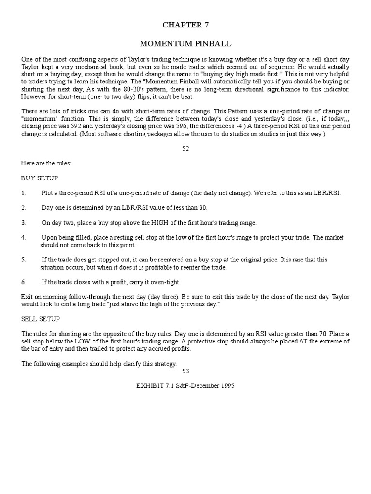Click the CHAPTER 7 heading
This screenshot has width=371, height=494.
point(185,25)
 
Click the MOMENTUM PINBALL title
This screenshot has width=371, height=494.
point(185,44)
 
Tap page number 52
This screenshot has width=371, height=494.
point(185,149)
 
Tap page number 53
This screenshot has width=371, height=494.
point(185,371)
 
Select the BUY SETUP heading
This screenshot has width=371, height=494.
point(40,178)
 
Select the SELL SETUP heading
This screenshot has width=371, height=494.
point(41,319)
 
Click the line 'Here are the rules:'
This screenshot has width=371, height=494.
point(46,163)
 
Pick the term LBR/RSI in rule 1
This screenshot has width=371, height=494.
point(328,193)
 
